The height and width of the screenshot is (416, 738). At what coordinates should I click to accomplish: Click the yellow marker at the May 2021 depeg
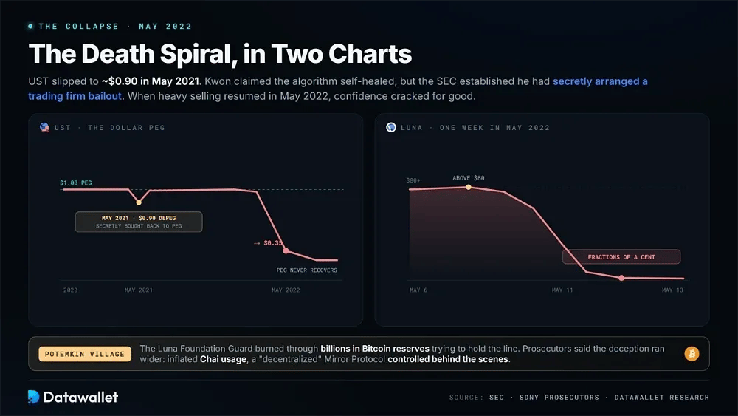[139, 202]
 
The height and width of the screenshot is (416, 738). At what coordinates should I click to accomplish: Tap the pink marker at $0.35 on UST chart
[286, 250]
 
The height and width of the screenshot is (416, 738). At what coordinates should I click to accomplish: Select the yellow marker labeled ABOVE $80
[469, 187]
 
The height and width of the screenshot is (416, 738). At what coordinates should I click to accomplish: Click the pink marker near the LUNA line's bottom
[621, 278]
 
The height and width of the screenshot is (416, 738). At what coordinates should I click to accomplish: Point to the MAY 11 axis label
[562, 290]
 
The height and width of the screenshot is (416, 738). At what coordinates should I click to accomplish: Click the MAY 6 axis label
[418, 290]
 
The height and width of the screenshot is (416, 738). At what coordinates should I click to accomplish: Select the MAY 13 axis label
[672, 290]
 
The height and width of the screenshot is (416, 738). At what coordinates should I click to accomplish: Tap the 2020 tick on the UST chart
[71, 290]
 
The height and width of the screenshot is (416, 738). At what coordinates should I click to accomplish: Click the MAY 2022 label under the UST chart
[286, 290]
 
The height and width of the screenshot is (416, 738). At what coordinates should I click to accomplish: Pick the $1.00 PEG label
[76, 183]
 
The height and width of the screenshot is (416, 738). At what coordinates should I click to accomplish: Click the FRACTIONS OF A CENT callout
[621, 256]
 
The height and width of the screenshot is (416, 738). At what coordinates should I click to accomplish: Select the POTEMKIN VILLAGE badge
[85, 354]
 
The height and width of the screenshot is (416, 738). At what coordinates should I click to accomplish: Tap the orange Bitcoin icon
[692, 354]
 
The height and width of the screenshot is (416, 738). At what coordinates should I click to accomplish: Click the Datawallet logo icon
[33, 397]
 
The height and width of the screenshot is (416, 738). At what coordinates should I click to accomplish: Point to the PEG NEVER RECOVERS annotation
[307, 270]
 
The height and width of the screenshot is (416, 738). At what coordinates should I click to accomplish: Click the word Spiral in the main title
[198, 54]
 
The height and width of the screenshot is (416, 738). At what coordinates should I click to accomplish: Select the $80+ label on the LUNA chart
[413, 180]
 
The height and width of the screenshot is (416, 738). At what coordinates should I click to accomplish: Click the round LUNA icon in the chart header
[391, 127]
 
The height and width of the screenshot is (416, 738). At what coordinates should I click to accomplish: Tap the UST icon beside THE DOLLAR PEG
[45, 127]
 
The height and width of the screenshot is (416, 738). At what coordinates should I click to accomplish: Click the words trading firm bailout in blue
[75, 96]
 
